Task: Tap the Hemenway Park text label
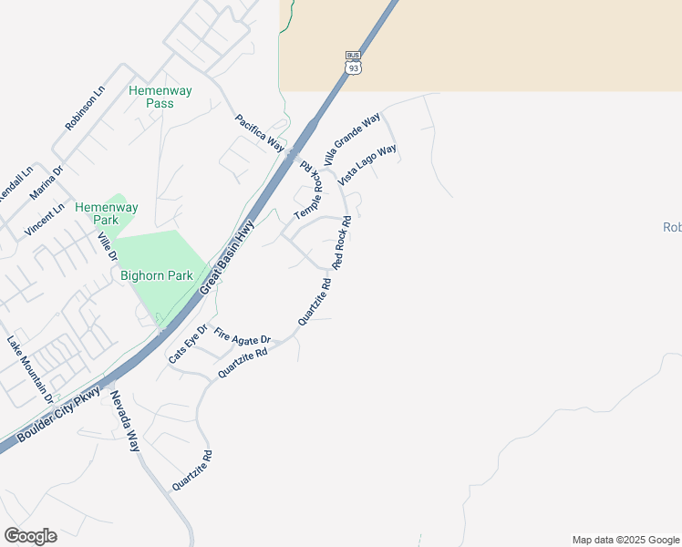(107, 213)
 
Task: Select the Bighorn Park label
(155, 273)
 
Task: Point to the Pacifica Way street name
(260, 133)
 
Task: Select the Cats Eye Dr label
(188, 345)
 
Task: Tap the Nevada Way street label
(124, 421)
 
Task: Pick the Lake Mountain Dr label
(30, 370)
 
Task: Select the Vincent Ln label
(45, 220)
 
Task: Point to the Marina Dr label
(46, 182)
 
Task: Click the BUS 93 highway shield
(354, 63)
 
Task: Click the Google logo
(30, 536)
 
